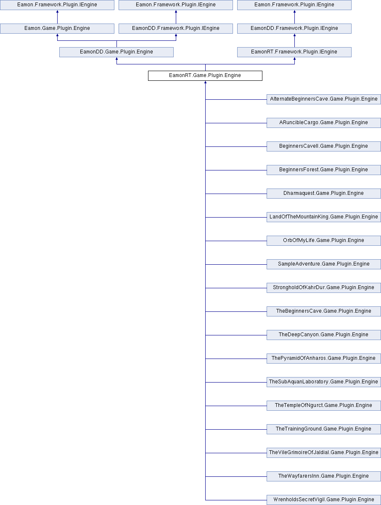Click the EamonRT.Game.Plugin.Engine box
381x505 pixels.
pos(205,76)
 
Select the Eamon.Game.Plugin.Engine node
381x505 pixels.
pos(57,29)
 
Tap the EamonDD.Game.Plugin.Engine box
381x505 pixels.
pos(116,52)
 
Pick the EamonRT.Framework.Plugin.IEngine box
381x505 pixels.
pos(294,52)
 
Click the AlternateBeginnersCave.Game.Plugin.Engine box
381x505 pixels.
pos(324,99)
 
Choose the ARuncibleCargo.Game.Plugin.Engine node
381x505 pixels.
pos(324,123)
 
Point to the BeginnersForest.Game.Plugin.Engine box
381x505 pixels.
pos(324,170)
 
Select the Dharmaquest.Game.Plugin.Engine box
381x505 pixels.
pos(324,194)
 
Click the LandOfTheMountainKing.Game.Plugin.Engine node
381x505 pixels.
pos(324,217)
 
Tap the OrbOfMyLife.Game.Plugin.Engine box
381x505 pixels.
pos(324,241)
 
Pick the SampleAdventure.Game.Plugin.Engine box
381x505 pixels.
pos(324,264)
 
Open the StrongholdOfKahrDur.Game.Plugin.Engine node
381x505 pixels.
pos(324,288)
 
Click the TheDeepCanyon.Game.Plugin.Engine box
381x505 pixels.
pos(324,335)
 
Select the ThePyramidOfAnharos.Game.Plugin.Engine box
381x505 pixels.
pos(324,359)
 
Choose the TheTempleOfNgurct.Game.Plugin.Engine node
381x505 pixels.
pos(324,406)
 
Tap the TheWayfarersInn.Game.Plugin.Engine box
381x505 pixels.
pos(324,476)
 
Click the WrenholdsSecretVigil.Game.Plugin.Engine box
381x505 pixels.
pos(324,500)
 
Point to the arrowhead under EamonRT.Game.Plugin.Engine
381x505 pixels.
pos(205,82)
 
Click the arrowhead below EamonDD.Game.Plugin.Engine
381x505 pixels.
pos(116,58)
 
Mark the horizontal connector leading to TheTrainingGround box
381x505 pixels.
pos(236,429)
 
